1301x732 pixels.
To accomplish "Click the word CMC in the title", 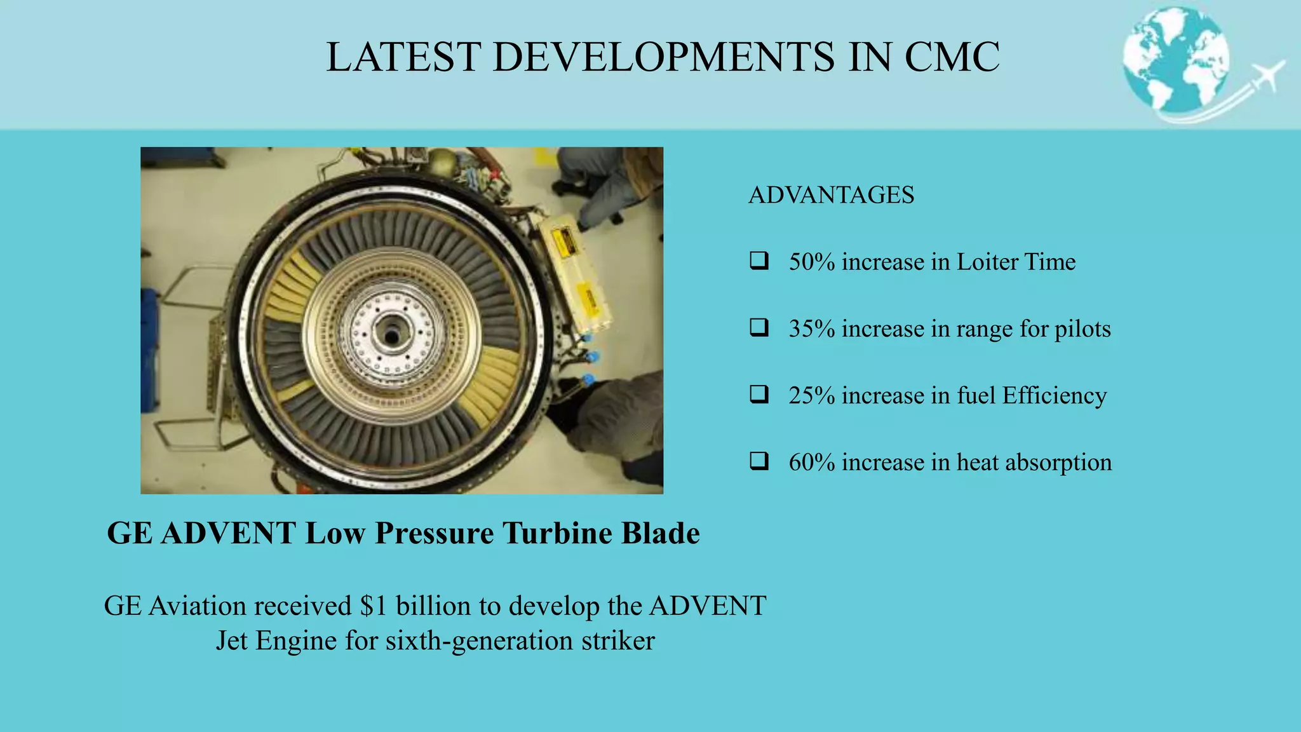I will (952, 57).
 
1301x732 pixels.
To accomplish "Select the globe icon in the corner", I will (1175, 61).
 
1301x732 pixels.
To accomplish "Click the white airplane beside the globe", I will (1266, 77).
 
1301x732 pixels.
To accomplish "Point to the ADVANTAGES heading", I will (831, 195).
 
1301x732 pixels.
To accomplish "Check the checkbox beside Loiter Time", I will (759, 261).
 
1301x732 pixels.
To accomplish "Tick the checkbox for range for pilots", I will (759, 328).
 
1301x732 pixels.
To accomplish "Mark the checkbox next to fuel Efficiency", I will (759, 395).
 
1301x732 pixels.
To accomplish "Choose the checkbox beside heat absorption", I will (759, 461).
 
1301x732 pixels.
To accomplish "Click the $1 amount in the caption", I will (373, 606).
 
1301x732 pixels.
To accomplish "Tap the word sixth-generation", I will (470, 640).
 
